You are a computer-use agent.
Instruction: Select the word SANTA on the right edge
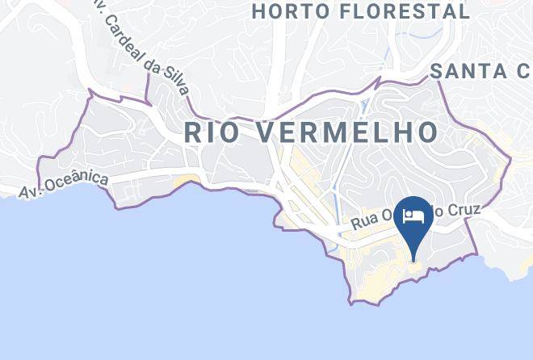[464, 71]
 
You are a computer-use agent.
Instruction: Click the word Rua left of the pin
[364, 225]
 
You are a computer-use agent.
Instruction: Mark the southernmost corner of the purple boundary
[351, 303]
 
